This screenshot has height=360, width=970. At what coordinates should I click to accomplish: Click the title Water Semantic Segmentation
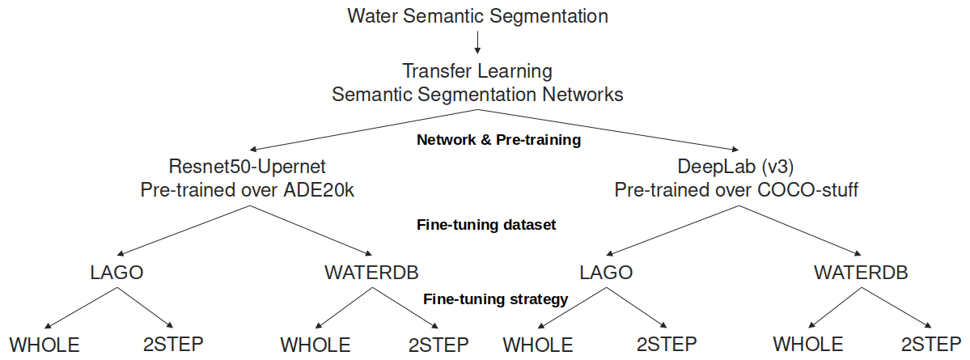tap(477, 15)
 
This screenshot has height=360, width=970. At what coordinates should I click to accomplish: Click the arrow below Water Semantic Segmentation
tap(477, 42)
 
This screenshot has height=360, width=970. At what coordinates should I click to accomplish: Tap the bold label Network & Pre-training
tap(498, 140)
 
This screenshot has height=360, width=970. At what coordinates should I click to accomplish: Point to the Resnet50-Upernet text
tap(247, 167)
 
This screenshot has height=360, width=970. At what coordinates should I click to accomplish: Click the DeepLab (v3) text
tap(735, 167)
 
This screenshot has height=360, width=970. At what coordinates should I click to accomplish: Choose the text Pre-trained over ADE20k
tap(247, 191)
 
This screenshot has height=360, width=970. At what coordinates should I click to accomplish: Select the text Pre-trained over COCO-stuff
tap(735, 191)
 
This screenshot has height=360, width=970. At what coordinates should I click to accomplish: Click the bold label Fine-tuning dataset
tap(486, 225)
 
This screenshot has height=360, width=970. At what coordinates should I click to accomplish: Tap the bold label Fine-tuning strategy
tap(496, 299)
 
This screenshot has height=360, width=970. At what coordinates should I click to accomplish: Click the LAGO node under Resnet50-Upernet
tap(116, 273)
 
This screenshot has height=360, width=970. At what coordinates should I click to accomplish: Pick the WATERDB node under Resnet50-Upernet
tap(371, 273)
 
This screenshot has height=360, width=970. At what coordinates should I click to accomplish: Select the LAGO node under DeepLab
tap(606, 273)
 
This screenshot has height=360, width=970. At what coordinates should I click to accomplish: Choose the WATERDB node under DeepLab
tap(861, 273)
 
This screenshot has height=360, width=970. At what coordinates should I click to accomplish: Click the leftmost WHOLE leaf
tap(44, 345)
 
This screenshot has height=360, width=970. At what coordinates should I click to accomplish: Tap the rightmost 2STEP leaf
tap(934, 345)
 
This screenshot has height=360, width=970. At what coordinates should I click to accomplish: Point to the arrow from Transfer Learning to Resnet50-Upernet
tap(364, 129)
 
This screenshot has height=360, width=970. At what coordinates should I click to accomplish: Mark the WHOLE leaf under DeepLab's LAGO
tap(538, 345)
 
